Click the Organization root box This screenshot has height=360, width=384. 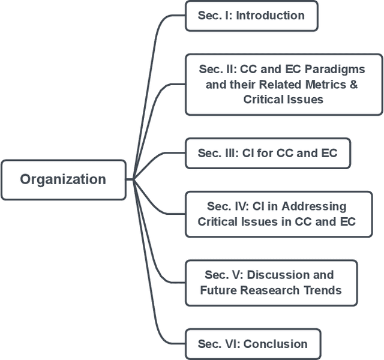pos(63,179)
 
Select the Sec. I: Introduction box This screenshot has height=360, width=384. pos(251,16)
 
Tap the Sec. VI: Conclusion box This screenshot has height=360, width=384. pos(253,344)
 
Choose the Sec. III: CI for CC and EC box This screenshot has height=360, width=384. pos(267,153)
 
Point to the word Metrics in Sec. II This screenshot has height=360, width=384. pos(321,85)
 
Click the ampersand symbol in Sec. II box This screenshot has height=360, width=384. pos(353,85)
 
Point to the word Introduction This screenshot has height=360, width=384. pos(270,16)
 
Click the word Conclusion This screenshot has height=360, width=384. pos(275,344)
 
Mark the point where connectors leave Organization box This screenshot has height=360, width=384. pos(130,179)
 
